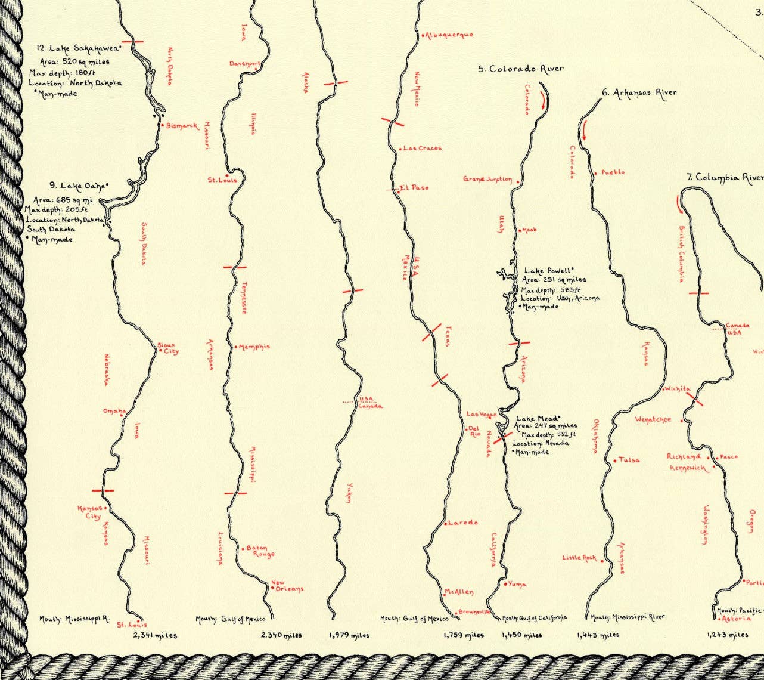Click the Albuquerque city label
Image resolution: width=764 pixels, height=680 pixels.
[449, 35]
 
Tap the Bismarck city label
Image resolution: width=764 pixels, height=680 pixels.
[181, 126]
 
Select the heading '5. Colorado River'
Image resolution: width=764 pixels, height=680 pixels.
[520, 69]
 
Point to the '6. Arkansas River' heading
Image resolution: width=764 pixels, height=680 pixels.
[639, 92]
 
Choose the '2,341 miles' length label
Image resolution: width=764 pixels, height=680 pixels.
[155, 635]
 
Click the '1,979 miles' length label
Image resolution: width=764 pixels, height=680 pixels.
[349, 635]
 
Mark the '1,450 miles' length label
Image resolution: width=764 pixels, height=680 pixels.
[522, 635]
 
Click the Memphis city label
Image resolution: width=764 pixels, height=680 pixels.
[254, 347]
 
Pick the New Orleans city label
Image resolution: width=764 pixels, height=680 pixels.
[287, 586]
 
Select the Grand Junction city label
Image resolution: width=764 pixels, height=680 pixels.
[487, 179]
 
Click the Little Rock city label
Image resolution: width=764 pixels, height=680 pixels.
[579, 558]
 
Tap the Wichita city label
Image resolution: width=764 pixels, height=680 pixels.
[677, 389]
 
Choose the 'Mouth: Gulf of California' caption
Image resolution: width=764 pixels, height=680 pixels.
[535, 618]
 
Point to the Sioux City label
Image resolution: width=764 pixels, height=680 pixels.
[167, 348]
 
